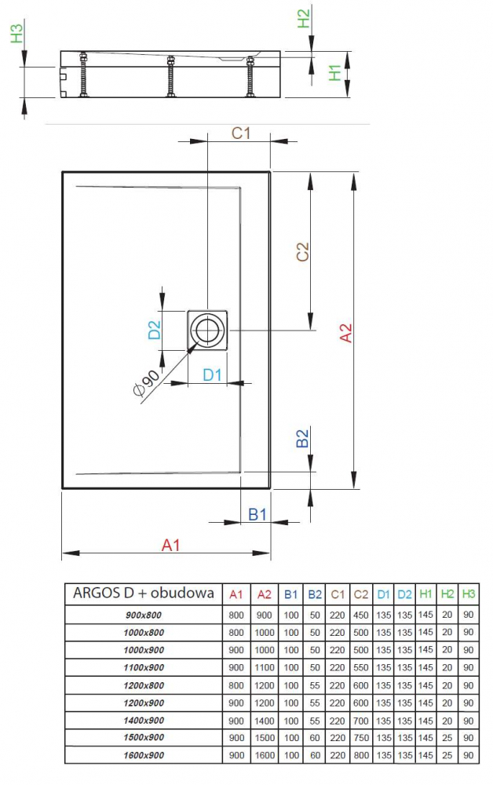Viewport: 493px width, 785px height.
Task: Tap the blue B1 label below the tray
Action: click(x=258, y=514)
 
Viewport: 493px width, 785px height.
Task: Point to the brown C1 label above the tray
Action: click(x=240, y=133)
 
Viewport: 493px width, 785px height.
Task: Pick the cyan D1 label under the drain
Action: click(x=213, y=375)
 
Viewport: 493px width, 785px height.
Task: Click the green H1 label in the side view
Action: click(x=336, y=73)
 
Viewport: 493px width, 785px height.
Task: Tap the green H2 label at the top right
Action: click(x=304, y=17)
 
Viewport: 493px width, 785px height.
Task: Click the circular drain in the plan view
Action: click(x=208, y=330)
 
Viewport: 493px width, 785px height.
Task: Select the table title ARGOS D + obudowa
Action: click(x=143, y=593)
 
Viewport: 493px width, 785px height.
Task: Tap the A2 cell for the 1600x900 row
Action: click(x=265, y=755)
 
